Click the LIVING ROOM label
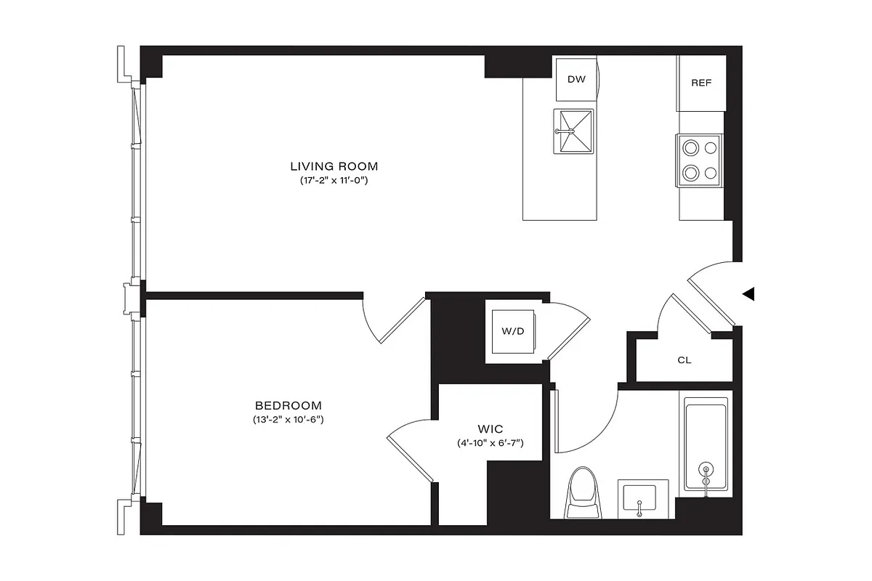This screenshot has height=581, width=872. coord(335,166)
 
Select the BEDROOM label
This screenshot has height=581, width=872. coord(288,405)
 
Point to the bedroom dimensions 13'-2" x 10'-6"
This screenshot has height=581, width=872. coord(288,419)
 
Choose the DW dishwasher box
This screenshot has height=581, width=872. coord(576,79)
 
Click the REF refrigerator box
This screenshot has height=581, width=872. coord(701,83)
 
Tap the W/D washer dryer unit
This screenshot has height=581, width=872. coord(512,332)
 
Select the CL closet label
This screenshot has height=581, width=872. coord(684,359)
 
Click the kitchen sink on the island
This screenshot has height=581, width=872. coord(573,131)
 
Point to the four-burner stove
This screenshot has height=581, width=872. coord(698,161)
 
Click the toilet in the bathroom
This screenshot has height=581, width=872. coord(584,493)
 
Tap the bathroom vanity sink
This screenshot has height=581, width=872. coord(639,498)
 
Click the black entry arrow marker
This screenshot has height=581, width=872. coord(748,294)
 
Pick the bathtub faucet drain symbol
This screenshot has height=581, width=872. coord(706,475)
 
